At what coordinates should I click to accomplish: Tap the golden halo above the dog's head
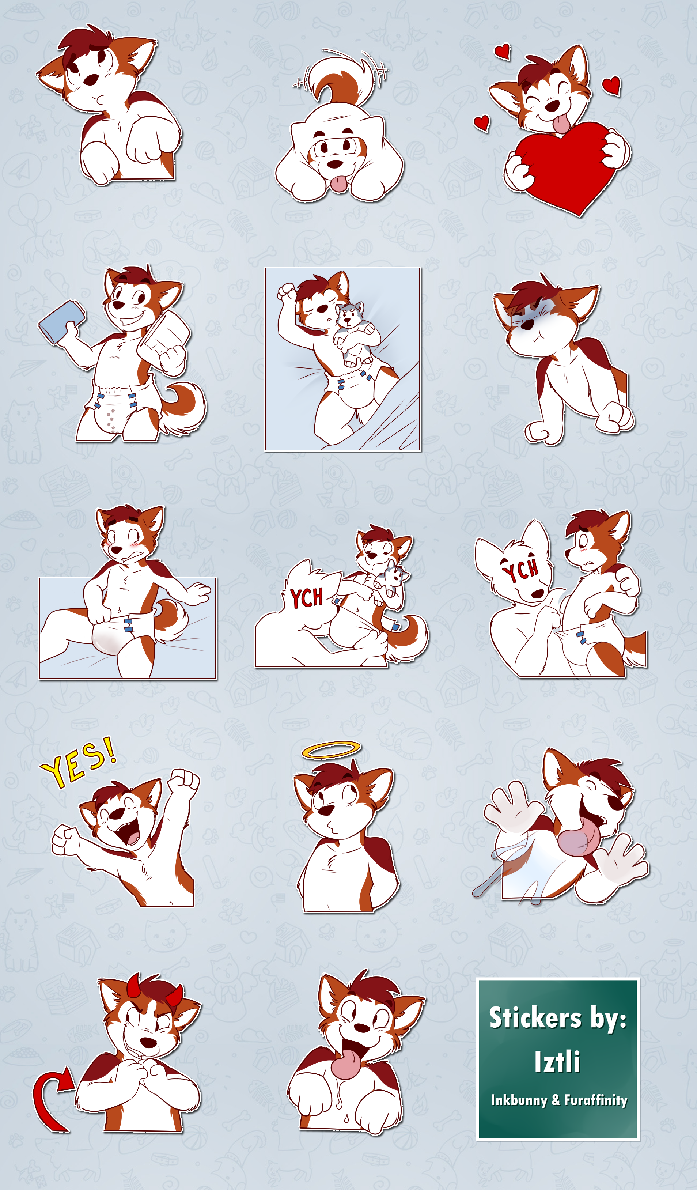click(x=331, y=749)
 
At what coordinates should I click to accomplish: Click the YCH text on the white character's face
click(x=521, y=570)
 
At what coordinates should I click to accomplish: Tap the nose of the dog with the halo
click(x=327, y=810)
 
